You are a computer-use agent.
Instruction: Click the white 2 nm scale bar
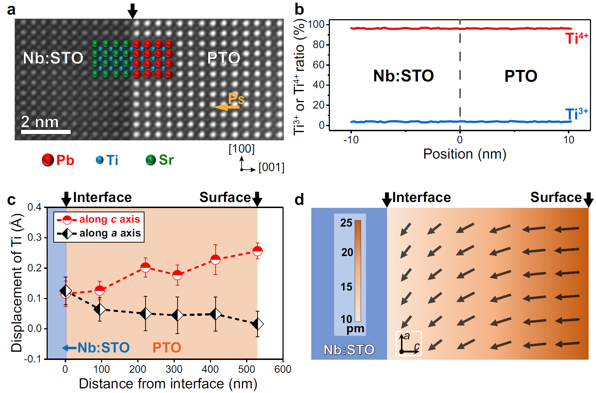pyautogui.click(x=46, y=132)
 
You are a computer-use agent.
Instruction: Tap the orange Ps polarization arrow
pyautogui.click(x=226, y=107)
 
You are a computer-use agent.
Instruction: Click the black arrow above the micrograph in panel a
pyautogui.click(x=132, y=11)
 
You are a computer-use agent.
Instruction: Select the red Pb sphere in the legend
pyautogui.click(x=48, y=160)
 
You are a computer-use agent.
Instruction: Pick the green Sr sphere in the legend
pyautogui.click(x=151, y=160)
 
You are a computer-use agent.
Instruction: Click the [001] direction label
pyautogui.click(x=271, y=167)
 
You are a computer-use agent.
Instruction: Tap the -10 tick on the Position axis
pyautogui.click(x=351, y=140)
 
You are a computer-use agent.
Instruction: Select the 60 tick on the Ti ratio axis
pyautogui.click(x=318, y=65)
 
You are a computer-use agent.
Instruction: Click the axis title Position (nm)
pyautogui.click(x=464, y=154)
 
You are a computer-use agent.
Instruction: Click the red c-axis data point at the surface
pyautogui.click(x=258, y=251)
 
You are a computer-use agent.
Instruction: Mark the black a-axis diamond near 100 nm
pyautogui.click(x=100, y=309)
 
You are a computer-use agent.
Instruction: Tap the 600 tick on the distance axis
pyautogui.click(x=283, y=369)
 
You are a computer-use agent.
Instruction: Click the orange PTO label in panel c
pyautogui.click(x=167, y=347)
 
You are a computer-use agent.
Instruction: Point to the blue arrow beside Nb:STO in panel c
pyautogui.click(x=69, y=348)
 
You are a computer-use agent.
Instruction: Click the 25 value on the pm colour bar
pyautogui.click(x=346, y=223)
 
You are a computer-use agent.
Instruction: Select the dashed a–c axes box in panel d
pyautogui.click(x=408, y=344)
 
